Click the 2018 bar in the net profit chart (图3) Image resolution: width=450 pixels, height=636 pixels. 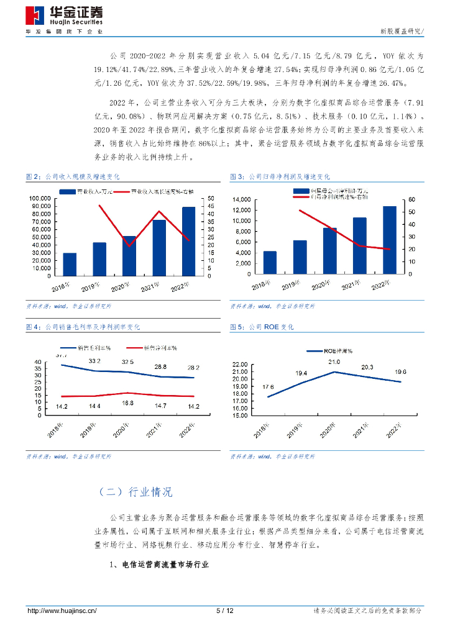coord(270,262)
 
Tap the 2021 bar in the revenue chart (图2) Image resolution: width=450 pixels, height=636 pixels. coord(159,248)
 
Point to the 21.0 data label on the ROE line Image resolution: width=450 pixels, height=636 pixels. coord(334,362)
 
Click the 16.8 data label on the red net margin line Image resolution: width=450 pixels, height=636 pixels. coord(128,403)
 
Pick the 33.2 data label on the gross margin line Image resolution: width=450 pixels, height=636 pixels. coord(94,361)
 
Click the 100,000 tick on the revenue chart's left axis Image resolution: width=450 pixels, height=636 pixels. coord(39,199)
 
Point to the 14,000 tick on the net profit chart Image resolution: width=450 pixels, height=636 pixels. coord(241,199)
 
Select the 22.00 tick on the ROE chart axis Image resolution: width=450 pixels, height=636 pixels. coord(239,364)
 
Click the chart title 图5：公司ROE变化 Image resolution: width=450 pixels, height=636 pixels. coord(262,327)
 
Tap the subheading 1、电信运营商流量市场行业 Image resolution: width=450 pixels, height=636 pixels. coord(158,565)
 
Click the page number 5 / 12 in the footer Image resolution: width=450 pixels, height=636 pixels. coord(225,611)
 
